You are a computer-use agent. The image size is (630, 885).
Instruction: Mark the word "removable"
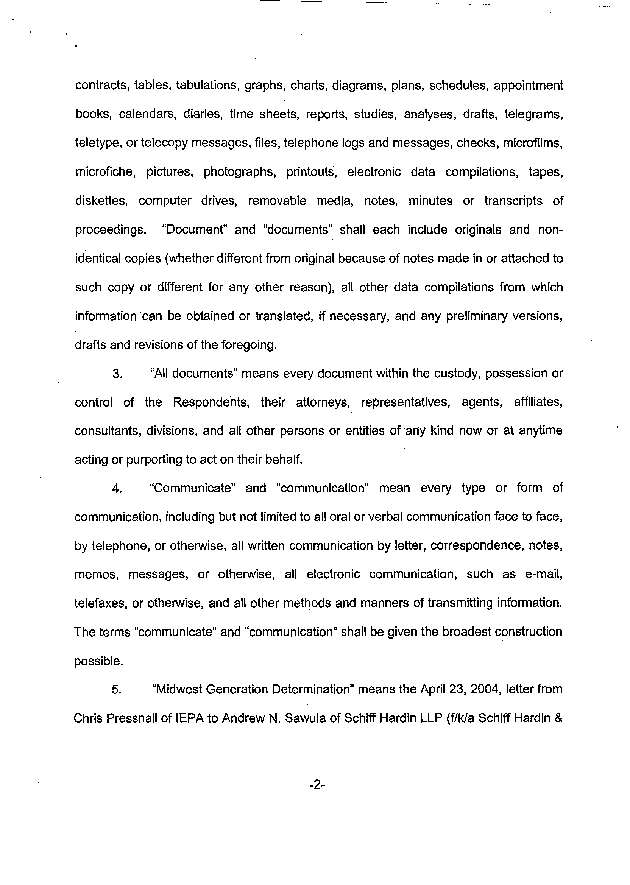pyautogui.click(x=277, y=201)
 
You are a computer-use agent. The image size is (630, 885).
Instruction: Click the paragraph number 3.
pyautogui.click(x=117, y=374)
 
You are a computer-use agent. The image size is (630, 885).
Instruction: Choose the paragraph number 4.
pyautogui.click(x=117, y=489)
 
